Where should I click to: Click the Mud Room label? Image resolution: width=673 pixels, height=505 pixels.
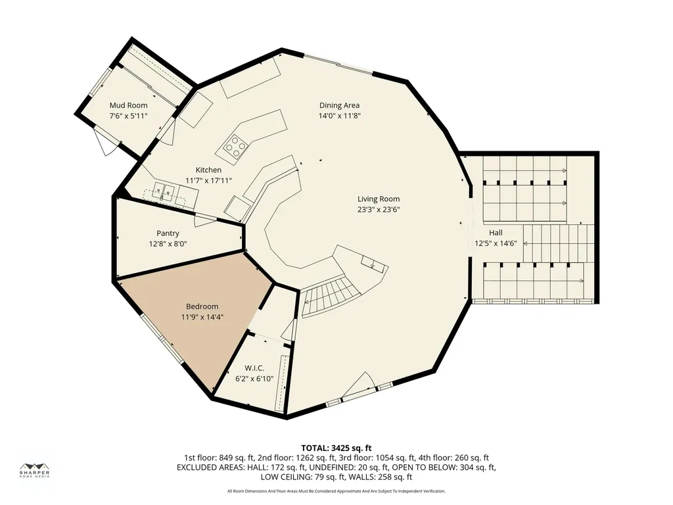[128, 105]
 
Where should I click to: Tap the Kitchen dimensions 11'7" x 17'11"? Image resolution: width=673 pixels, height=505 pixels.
[208, 181]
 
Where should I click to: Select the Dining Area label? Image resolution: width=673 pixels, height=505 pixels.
[340, 105]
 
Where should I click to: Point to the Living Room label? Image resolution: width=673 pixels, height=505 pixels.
[379, 199]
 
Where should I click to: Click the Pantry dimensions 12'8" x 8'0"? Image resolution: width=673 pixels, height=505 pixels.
[168, 244]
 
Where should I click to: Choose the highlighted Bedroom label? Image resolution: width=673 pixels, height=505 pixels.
[202, 306]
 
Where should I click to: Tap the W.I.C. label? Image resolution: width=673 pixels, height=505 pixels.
[254, 368]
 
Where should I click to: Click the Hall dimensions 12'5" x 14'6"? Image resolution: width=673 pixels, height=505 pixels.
[496, 243]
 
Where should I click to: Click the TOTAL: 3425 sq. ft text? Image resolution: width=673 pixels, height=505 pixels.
[336, 448]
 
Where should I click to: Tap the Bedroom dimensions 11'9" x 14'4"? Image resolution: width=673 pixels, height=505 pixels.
[202, 317]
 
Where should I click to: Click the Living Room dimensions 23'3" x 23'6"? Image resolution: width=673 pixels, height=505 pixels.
[379, 210]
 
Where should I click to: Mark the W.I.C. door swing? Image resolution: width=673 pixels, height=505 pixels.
[289, 331]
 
